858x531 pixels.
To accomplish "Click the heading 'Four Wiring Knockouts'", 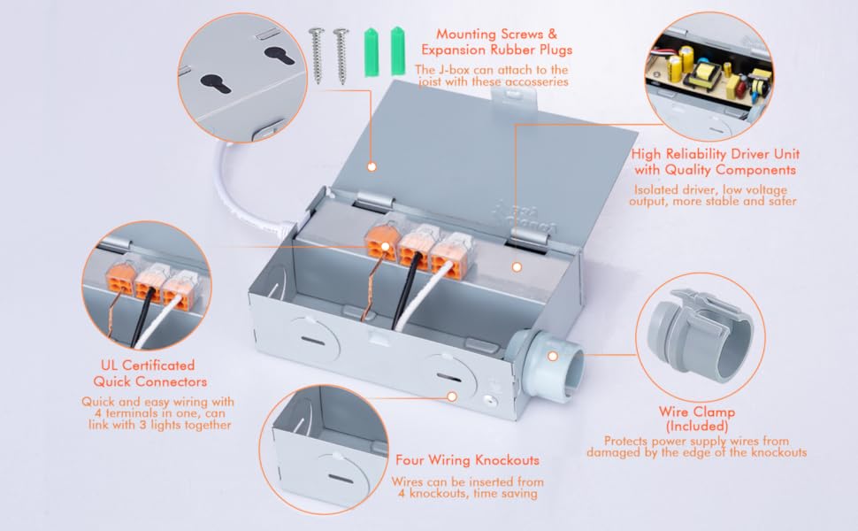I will pyautogui.click(x=466, y=460).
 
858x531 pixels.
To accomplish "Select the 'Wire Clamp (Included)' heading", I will pyautogui.click(x=697, y=419).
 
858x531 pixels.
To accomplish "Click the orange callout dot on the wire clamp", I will pyautogui.click(x=553, y=356).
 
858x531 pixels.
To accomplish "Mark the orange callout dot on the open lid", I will pyautogui.click(x=372, y=165).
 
